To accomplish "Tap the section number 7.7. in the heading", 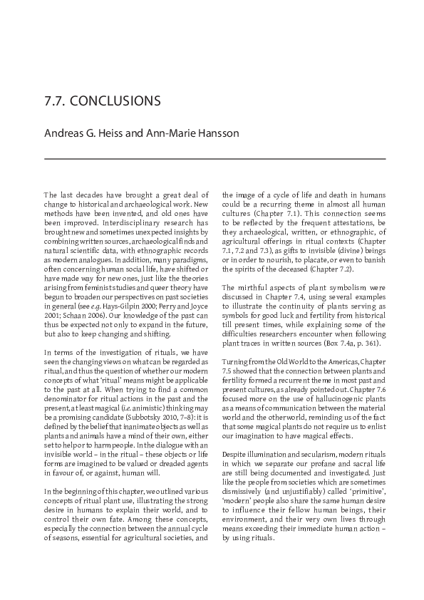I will [x=56, y=100].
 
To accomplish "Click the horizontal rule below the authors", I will [x=214, y=158].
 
